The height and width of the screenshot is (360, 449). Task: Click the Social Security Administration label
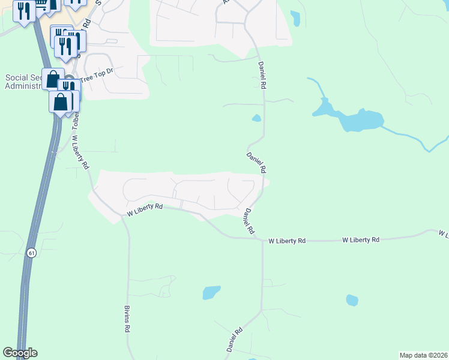23,82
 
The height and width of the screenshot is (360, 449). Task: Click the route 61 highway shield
31,254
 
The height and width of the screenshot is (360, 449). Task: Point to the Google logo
20,353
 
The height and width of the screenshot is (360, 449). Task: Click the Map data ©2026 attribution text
423,355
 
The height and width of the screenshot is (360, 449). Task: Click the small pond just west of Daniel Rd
256,118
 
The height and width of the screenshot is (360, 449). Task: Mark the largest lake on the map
360,120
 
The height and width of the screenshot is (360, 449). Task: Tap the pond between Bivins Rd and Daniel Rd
211,292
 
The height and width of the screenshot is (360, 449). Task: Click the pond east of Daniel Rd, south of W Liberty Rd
352,300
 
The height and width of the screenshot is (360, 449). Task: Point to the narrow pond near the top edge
295,18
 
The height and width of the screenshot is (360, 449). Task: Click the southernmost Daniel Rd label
234,340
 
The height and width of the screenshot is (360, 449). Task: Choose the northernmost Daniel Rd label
262,75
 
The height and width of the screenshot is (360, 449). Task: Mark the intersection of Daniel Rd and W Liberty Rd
262,240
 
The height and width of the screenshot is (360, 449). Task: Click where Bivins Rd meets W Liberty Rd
123,215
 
